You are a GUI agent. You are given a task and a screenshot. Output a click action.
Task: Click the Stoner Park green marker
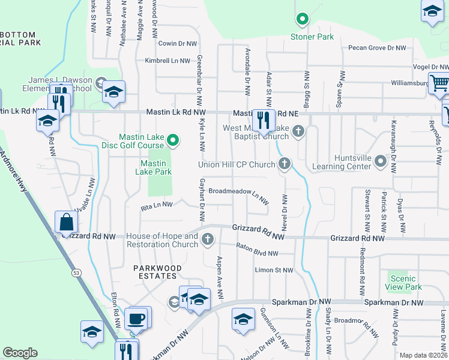click(303, 20)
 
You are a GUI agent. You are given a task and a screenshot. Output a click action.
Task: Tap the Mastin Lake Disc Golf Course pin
click(173, 141)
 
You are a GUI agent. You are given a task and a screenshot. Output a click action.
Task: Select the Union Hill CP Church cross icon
click(285, 163)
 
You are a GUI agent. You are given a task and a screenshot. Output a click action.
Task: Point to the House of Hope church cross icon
click(208, 239)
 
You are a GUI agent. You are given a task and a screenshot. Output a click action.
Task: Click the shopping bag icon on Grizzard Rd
click(66, 223)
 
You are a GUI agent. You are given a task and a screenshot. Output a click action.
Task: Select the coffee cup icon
click(137, 318)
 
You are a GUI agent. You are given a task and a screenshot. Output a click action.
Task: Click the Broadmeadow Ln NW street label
click(238, 193)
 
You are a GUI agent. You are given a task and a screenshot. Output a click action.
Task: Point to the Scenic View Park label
click(403, 283)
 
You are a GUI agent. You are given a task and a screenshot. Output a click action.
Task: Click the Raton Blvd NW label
click(258, 250)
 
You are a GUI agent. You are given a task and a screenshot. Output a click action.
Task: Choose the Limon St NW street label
click(274, 270)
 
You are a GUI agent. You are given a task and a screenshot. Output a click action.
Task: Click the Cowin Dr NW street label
click(177, 44)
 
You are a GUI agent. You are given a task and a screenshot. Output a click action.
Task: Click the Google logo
click(20, 353)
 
